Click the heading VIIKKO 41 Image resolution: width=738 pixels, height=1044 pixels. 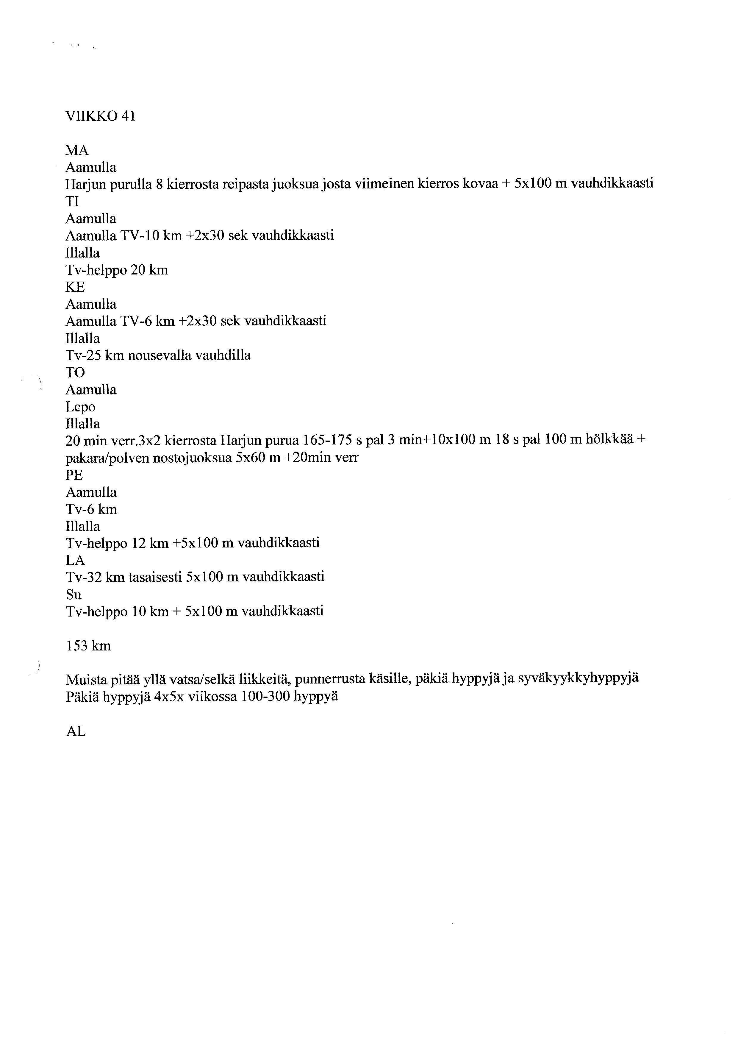pos(100,117)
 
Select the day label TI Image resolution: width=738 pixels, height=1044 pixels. pos(72,202)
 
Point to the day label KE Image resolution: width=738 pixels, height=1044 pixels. pos(75,287)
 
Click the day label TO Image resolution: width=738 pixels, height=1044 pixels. pos(75,372)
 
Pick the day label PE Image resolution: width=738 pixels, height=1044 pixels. pos(74,475)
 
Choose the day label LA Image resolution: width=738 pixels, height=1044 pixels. pos(75,560)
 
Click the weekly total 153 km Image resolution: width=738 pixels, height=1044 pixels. pos(89,646)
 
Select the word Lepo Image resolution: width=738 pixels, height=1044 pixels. pos(80,407)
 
